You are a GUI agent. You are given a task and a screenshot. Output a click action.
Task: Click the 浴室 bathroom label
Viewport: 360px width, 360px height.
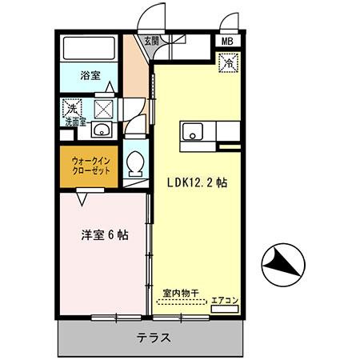[x=89, y=76]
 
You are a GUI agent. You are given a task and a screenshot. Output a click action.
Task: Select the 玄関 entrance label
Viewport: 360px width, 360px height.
[x=151, y=39]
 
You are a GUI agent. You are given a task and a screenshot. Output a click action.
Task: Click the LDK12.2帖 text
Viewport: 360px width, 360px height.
[x=197, y=182]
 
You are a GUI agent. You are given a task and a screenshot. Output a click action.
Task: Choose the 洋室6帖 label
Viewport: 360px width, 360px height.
[x=104, y=235]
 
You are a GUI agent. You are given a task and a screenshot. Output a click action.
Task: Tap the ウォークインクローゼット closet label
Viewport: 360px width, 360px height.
[x=89, y=166]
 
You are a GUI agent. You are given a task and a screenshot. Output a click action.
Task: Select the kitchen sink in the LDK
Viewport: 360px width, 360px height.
[x=192, y=133]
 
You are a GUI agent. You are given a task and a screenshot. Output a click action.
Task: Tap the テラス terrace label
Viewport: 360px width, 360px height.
[x=153, y=338]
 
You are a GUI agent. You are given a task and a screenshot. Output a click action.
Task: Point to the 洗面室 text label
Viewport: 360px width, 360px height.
[x=76, y=122]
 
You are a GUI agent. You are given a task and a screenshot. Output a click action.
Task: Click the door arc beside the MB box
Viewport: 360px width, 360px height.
[x=230, y=23]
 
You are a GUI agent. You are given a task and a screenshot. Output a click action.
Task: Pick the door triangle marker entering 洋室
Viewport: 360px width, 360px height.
[x=82, y=193]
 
